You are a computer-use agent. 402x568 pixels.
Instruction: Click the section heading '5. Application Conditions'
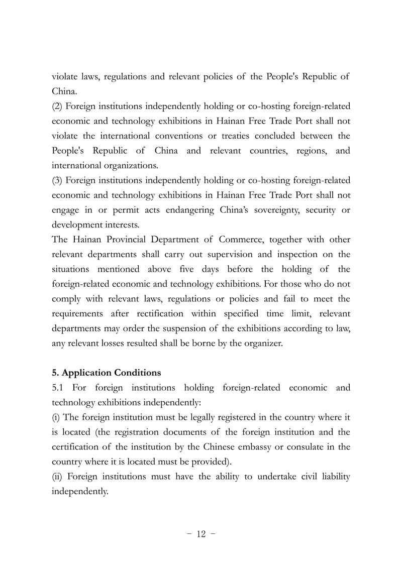pos(107,373)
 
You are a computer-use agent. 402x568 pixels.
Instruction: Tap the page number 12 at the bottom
pos(201,534)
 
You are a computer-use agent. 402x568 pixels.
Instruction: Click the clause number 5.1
pos(58,388)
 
